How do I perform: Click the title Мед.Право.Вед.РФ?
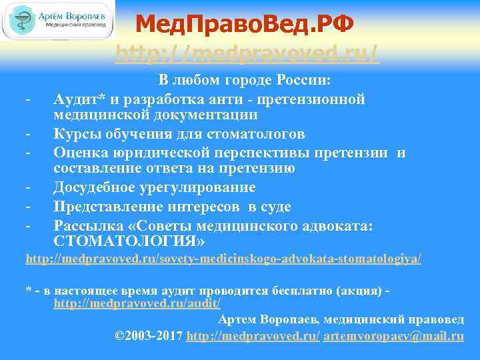pos(244,25)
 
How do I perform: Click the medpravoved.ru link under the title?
pos(247,53)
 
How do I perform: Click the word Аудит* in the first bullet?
pos(76,99)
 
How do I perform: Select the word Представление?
pos(105,207)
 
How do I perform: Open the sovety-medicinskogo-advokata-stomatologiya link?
pos(223,258)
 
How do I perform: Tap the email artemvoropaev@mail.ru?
pos(393,336)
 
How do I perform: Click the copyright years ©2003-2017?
pos(149,336)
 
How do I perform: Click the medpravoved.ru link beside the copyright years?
pos(253,336)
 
